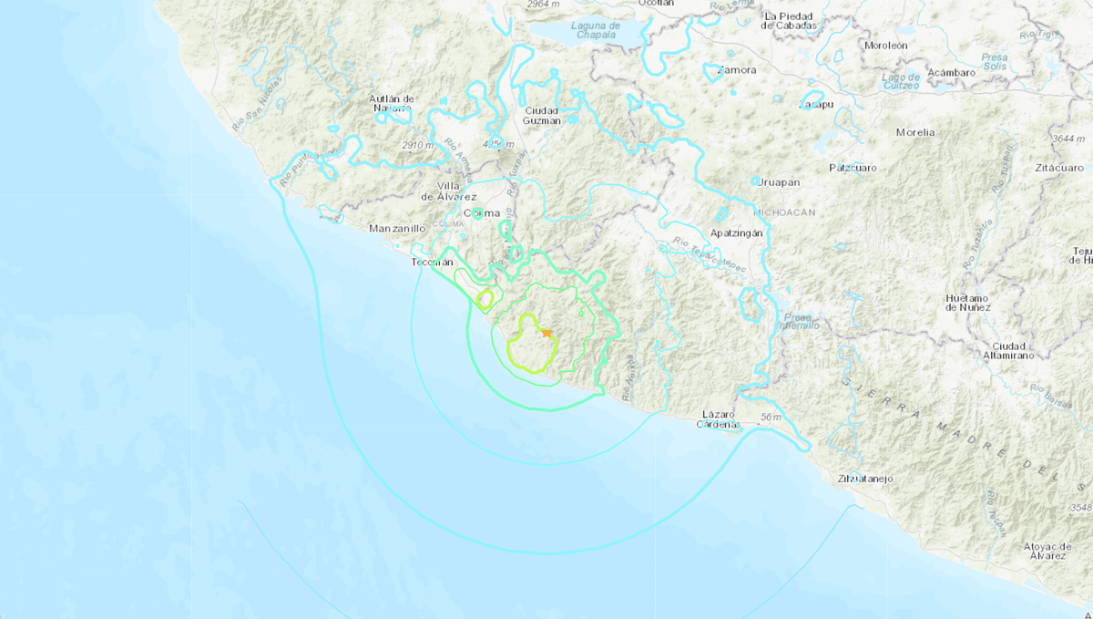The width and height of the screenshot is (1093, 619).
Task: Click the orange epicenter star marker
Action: [546, 333]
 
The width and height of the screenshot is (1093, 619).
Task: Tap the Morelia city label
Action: [914, 132]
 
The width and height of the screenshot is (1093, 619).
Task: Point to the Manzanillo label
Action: [398, 228]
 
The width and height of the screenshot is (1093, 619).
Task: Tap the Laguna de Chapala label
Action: [597, 32]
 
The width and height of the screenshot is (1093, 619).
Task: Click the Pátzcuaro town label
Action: [853, 168]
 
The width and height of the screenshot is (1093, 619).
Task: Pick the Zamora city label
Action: [737, 69]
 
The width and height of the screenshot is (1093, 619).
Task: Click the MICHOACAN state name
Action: [784, 211]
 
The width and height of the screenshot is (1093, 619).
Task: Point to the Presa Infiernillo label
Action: [799, 320]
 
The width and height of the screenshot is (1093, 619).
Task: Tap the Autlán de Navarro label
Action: [392, 103]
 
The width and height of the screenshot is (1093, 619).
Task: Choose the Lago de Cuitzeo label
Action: [901, 82]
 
